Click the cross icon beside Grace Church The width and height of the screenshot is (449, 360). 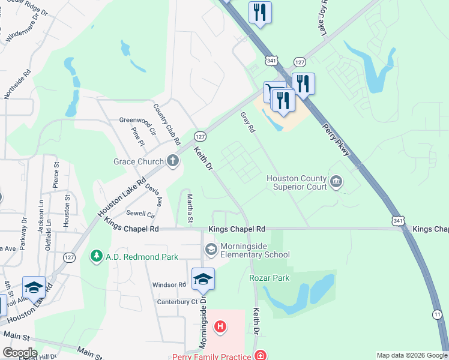coord(172,161)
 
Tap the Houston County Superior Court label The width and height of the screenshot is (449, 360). coord(297,182)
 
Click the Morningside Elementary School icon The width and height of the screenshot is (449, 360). coord(211,248)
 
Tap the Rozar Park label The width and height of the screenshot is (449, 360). coord(270,278)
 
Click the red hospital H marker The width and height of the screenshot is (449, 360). coord(220,326)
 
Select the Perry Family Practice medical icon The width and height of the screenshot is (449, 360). coord(260,356)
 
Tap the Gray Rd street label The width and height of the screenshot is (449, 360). coord(248,122)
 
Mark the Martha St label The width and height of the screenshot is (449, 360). coord(190,209)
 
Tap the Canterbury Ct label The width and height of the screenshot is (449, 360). coord(178,301)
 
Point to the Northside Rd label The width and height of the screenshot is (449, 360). coord(25,83)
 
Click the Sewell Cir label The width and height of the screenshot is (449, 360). coord(140,213)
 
